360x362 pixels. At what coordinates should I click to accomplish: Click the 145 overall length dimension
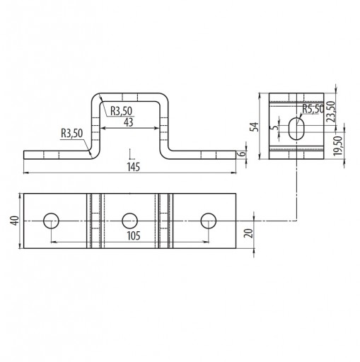[134, 167]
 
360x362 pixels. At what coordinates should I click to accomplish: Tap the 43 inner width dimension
[129, 122]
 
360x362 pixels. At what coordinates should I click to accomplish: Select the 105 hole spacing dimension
[134, 235]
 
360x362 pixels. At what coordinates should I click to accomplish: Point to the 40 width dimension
[15, 221]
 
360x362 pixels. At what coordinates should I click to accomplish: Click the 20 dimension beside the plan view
[249, 233]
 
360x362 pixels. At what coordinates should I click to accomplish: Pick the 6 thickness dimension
[243, 153]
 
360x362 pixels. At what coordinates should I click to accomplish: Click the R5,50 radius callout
[313, 109]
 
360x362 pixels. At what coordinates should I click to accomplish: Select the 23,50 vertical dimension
[331, 111]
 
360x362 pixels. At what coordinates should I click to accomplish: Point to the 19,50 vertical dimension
[337, 146]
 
